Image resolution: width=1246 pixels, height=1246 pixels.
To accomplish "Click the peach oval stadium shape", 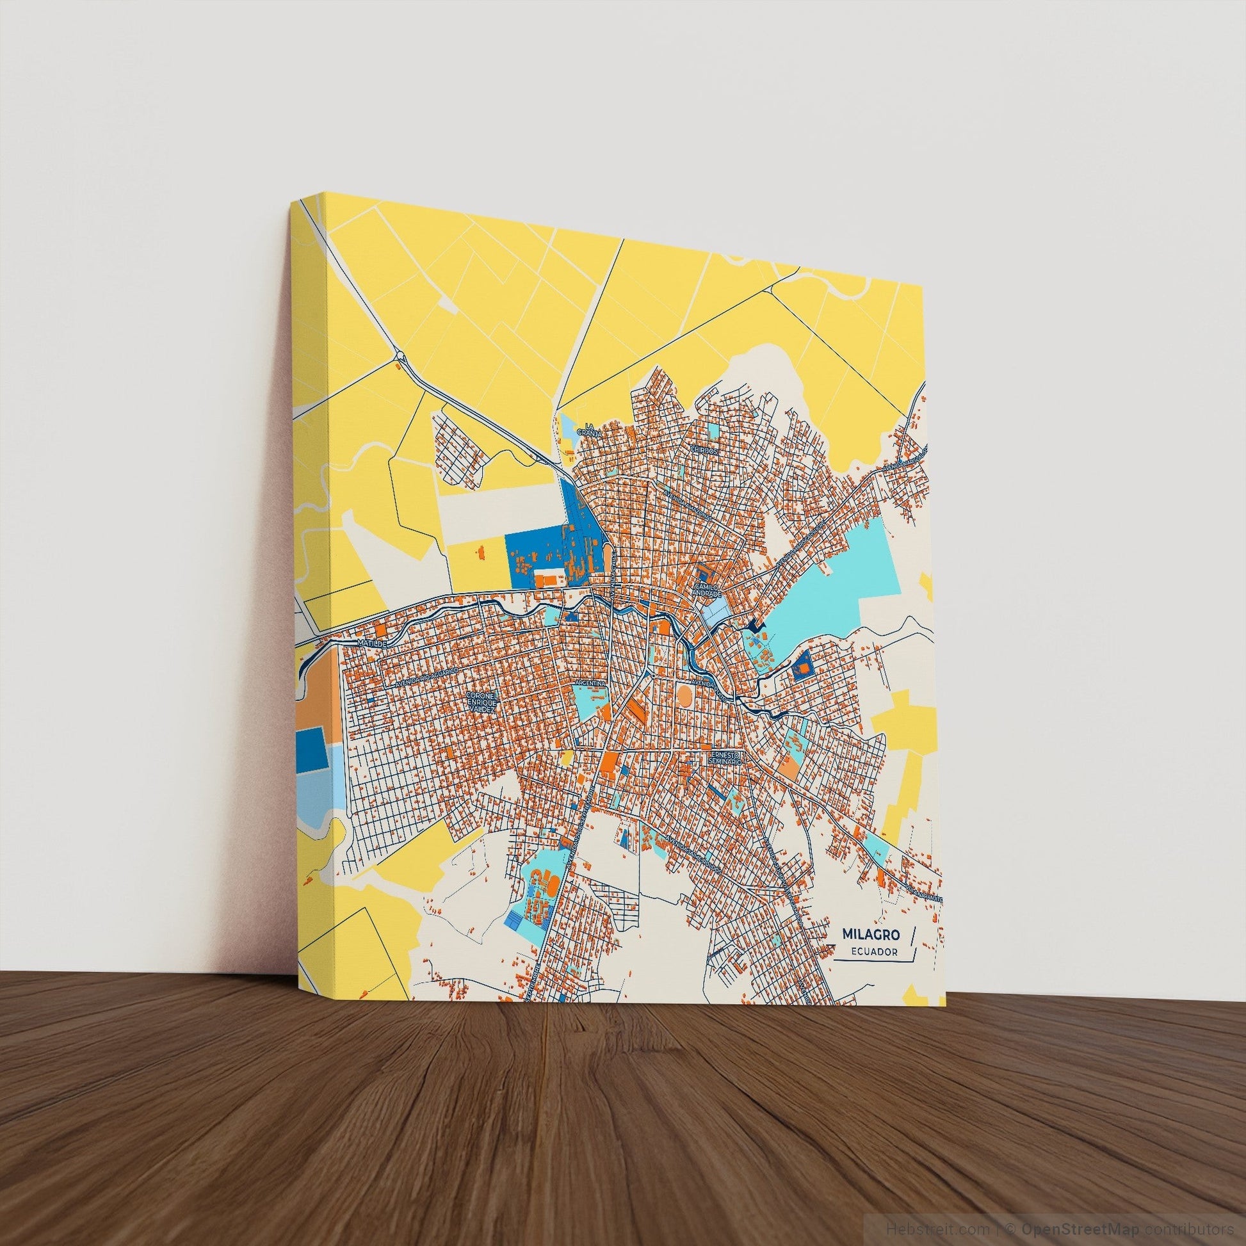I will (x=683, y=695).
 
